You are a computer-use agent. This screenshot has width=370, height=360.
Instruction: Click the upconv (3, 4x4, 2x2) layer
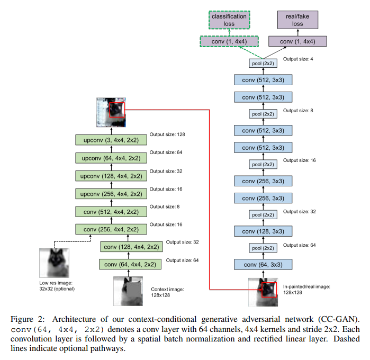pyautogui.click(x=111, y=140)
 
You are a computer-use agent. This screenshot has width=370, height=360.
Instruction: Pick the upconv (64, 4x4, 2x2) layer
pyautogui.click(x=111, y=158)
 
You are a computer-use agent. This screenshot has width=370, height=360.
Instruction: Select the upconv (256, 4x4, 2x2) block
pyautogui.click(x=111, y=193)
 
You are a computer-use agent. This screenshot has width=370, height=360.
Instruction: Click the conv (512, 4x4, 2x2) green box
pyautogui.click(x=111, y=211)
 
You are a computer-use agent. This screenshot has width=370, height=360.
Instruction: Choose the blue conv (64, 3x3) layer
pyautogui.click(x=263, y=265)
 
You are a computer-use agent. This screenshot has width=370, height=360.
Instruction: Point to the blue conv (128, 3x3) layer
pyautogui.click(x=263, y=231)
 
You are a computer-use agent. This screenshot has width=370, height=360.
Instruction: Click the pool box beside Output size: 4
pyautogui.click(x=263, y=64)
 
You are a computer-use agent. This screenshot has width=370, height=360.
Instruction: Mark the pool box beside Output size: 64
pyautogui.click(x=263, y=248)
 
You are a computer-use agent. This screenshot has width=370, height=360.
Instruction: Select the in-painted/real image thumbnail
pyautogui.click(x=263, y=292)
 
